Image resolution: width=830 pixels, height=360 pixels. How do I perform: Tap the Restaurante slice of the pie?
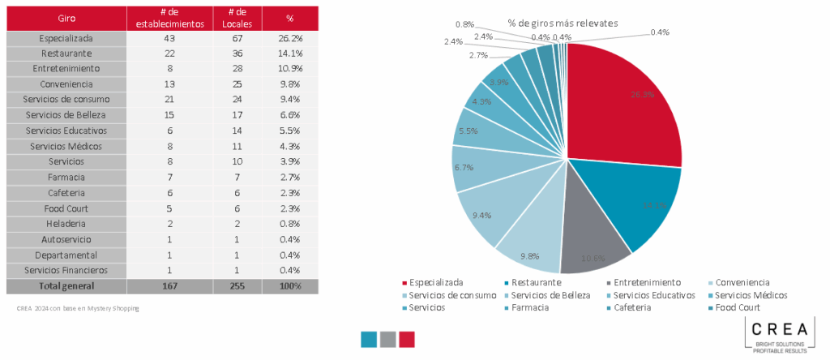click(640, 203)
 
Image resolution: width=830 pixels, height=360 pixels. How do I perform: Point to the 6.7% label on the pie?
click(463, 167)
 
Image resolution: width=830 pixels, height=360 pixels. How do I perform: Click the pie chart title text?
click(563, 23)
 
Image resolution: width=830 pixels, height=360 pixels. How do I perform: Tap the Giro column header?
click(66, 18)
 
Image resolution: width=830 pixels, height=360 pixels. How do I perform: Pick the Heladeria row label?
click(66, 224)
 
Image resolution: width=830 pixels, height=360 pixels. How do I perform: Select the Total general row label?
click(66, 285)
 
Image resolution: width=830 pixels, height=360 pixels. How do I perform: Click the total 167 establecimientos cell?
click(169, 285)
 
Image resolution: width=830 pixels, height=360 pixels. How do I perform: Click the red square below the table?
click(406, 339)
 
